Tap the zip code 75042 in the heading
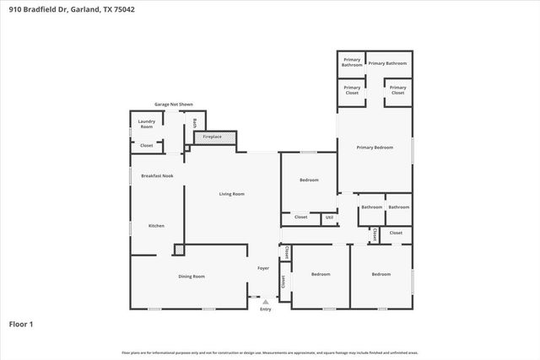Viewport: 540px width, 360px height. pyautogui.click(x=121, y=10)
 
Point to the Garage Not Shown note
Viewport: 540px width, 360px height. pyautogui.click(x=173, y=105)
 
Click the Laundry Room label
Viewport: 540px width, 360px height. pyautogui.click(x=147, y=124)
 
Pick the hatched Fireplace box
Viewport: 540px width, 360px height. pyautogui.click(x=213, y=137)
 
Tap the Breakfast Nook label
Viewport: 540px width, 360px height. pyautogui.click(x=157, y=175)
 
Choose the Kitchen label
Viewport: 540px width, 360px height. pyautogui.click(x=156, y=226)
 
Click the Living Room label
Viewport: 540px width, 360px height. pyautogui.click(x=231, y=194)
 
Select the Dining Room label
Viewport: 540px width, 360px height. pyautogui.click(x=192, y=276)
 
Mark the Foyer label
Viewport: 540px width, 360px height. pyautogui.click(x=263, y=268)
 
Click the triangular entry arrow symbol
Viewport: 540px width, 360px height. pyautogui.click(x=266, y=302)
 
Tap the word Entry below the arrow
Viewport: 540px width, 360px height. pyautogui.click(x=266, y=309)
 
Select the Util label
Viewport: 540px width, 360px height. pyautogui.click(x=328, y=218)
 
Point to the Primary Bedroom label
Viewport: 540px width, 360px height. pyautogui.click(x=375, y=148)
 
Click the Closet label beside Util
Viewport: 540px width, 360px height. pyautogui.click(x=300, y=218)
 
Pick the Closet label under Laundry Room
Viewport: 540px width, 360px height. pyautogui.click(x=147, y=145)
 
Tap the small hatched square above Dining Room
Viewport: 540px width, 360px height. pyautogui.click(x=179, y=250)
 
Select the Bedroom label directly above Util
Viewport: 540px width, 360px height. pyautogui.click(x=309, y=180)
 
